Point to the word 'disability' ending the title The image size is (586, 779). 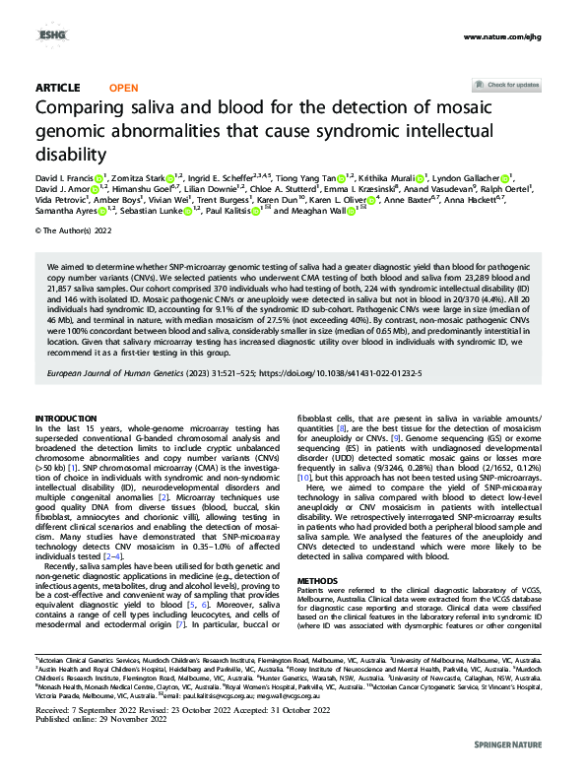[69, 153]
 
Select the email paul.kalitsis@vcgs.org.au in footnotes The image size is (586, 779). [200, 722]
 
